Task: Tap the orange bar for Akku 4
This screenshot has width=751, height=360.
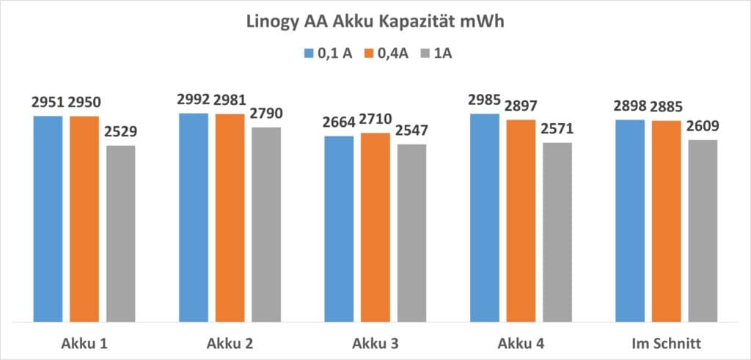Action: (x=521, y=221)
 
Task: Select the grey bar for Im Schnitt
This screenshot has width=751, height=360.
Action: (x=703, y=230)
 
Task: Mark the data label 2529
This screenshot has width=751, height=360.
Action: (x=120, y=133)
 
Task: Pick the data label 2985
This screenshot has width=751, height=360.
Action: (x=485, y=101)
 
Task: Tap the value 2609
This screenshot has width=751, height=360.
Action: (x=703, y=127)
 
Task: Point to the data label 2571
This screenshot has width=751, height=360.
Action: (x=557, y=130)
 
